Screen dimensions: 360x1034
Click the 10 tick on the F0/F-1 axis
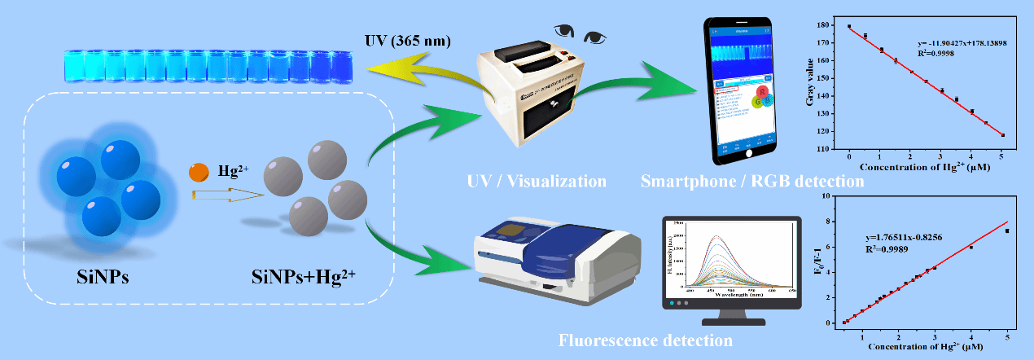[x=835, y=196]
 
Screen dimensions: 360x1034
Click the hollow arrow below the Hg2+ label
[x=227, y=195]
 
